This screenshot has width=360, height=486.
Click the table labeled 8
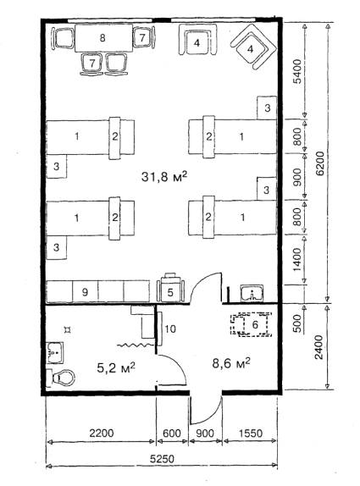103,38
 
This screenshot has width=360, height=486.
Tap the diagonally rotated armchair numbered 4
253,47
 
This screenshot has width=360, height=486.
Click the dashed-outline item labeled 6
252,324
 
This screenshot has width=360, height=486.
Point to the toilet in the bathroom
62,378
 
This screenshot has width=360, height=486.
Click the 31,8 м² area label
164,177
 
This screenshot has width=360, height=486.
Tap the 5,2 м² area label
116,367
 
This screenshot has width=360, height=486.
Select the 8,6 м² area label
231,362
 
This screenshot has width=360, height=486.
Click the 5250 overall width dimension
162,459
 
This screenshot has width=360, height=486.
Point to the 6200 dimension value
320,163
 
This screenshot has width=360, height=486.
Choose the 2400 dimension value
319,347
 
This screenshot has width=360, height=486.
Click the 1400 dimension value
296,260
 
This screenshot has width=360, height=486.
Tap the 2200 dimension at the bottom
102,433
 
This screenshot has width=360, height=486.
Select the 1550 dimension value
251,433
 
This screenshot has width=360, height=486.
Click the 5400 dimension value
297,72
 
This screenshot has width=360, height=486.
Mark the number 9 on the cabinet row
85,291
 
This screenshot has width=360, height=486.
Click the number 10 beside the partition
170,329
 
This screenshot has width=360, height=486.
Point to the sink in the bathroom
55,353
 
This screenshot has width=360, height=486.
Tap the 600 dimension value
172,433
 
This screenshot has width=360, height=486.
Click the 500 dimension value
297,323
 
